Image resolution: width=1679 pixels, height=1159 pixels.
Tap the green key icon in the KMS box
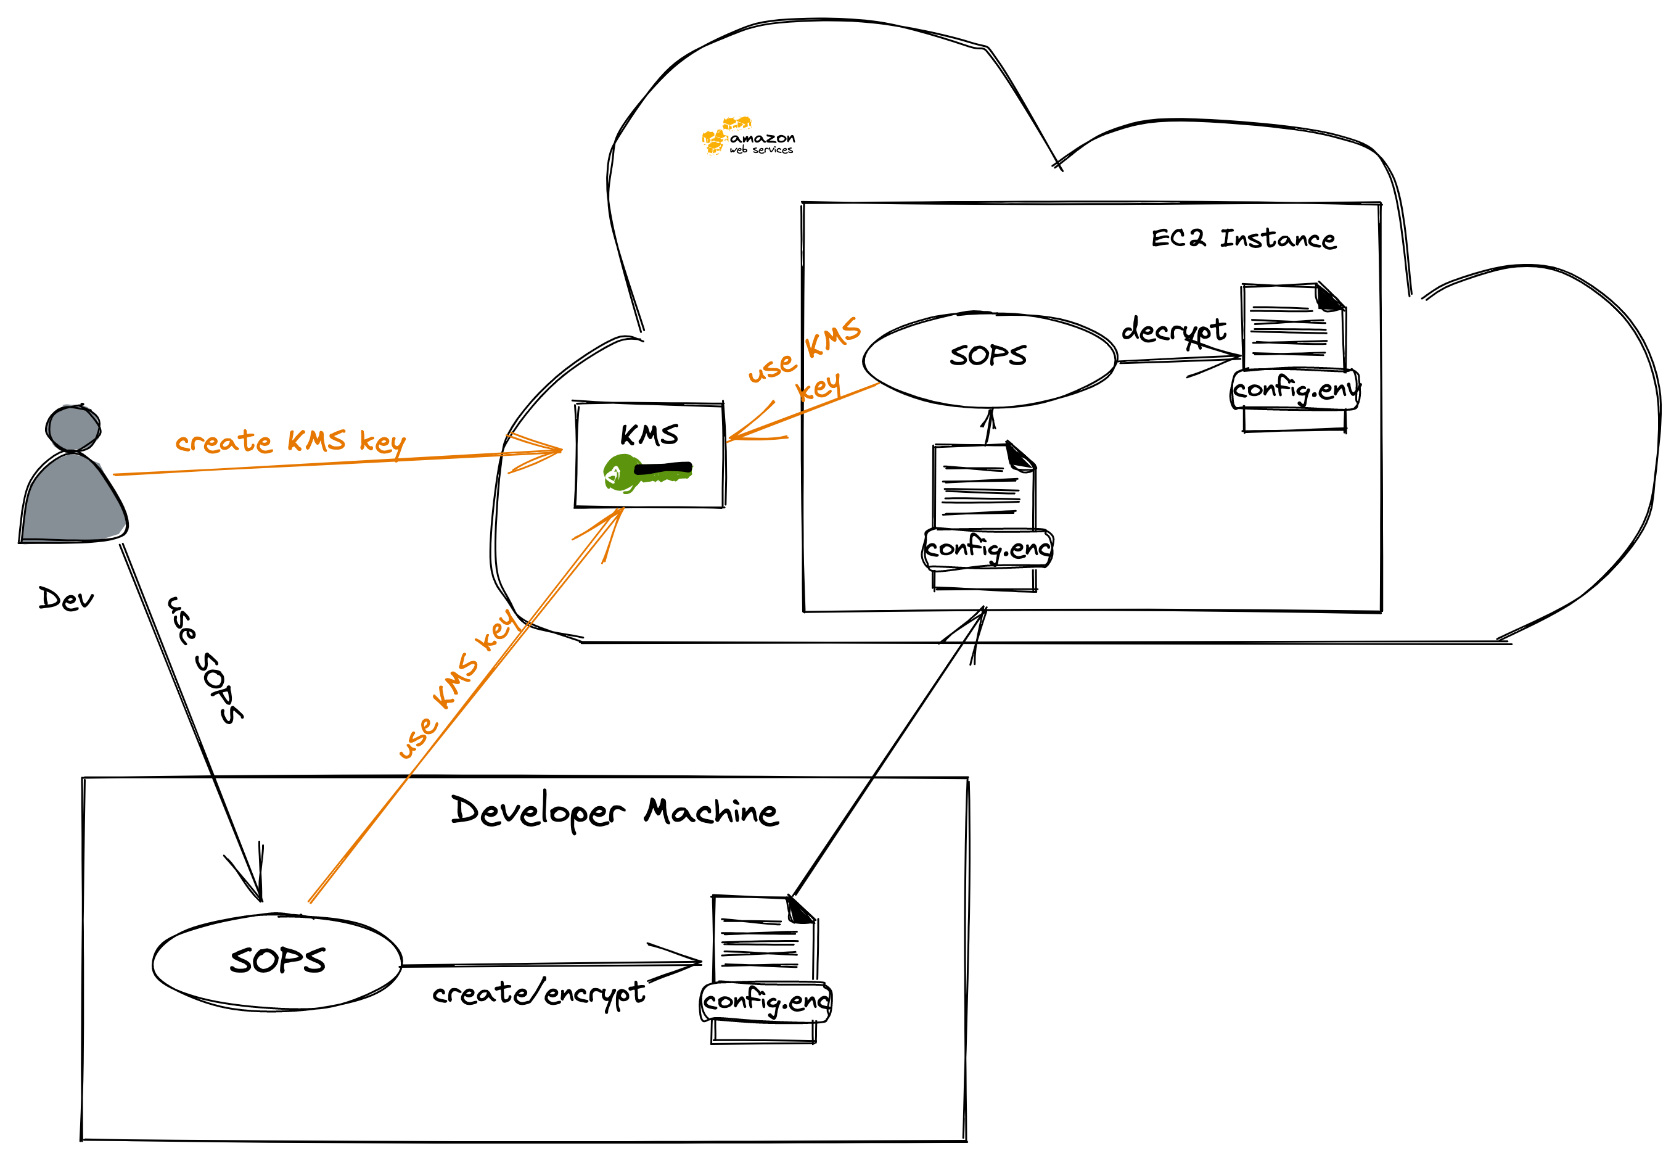[x=646, y=472]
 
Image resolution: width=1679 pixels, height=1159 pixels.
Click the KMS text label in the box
[x=649, y=435]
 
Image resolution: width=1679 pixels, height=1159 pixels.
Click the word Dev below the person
[x=66, y=600]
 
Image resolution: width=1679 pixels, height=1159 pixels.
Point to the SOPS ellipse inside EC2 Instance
[x=988, y=359]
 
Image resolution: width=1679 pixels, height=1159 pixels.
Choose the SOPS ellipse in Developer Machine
[x=277, y=962]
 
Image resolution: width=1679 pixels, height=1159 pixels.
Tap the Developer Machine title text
[x=614, y=811]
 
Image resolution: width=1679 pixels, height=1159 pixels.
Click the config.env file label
[x=1295, y=390]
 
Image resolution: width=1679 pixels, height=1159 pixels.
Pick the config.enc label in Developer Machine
[x=766, y=1002]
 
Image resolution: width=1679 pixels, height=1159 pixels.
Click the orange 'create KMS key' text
[x=290, y=442]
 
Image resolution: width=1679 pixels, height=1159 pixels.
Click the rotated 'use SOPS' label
[x=205, y=659]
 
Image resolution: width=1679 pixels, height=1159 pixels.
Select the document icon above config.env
[x=1293, y=326]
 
